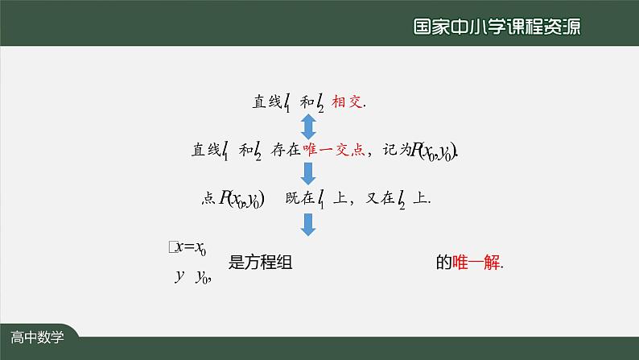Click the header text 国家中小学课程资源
point(496,26)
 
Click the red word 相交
point(348,102)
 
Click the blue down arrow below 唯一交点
point(307,173)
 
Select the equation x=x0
point(191,250)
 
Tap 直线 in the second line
point(204,149)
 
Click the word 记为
point(396,149)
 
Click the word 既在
point(298,197)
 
